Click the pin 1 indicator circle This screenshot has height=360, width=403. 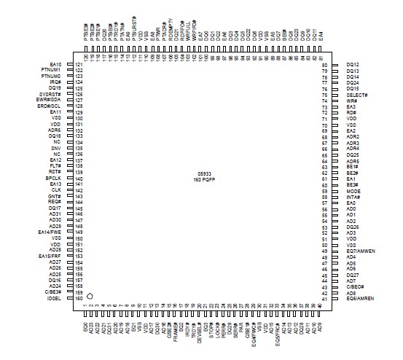pos(90,297)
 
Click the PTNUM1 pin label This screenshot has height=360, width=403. pos(52,70)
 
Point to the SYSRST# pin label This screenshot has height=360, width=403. pos(51,94)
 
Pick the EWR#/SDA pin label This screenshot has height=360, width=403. pos(50,100)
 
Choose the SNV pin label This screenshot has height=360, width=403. pos(56,148)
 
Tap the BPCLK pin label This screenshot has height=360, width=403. pos(53,178)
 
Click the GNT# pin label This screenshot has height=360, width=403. pos(55,196)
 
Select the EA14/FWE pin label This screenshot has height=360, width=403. pos(50,232)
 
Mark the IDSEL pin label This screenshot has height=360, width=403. pos(54,298)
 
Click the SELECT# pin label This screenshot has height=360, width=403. pos(357,95)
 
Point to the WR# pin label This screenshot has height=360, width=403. pos(351,101)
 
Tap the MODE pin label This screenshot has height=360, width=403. pos(353,191)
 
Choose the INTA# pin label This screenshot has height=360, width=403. pos(353,197)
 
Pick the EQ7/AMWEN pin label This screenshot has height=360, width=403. pos(360,251)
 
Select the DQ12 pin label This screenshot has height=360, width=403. pos(353,65)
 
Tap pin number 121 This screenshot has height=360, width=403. pos(79,64)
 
